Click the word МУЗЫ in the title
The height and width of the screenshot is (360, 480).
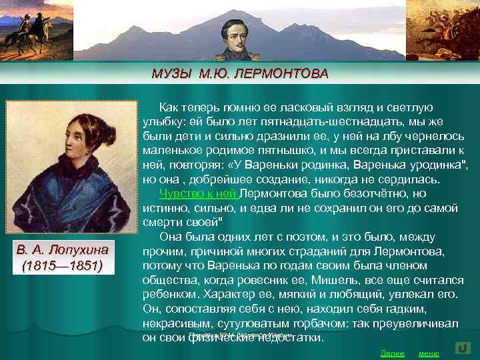[x=171, y=73]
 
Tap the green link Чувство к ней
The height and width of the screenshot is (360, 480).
[x=198, y=194]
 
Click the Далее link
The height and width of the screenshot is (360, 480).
[x=392, y=353]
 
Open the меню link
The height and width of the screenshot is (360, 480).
[x=428, y=353]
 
